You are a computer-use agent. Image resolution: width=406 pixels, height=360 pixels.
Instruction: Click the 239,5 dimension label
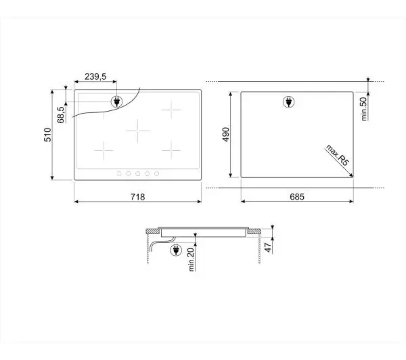95,76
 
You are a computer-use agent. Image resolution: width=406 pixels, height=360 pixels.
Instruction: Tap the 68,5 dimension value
61,115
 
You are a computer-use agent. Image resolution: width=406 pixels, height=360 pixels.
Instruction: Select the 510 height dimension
48,135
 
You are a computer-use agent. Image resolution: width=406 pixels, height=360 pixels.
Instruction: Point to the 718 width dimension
138,197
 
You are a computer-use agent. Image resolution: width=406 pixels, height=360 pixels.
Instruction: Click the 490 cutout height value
226,135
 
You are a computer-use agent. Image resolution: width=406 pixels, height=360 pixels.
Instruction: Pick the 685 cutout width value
297,197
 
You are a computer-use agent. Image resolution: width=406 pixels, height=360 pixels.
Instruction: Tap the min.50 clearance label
364,109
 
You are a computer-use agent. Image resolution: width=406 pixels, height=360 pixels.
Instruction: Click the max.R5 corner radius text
338,155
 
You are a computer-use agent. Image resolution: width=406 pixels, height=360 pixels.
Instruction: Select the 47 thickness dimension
269,248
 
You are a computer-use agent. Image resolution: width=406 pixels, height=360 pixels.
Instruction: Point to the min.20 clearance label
191,259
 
